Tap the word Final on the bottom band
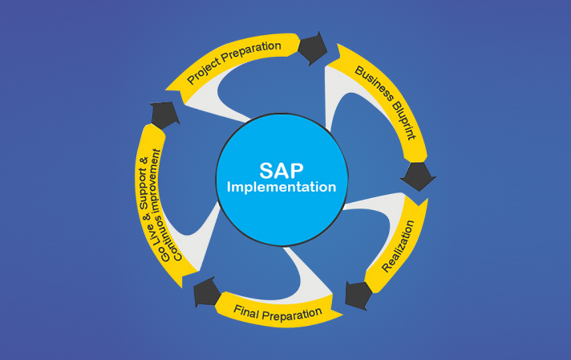coord(246,310)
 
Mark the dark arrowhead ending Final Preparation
coord(205,294)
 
